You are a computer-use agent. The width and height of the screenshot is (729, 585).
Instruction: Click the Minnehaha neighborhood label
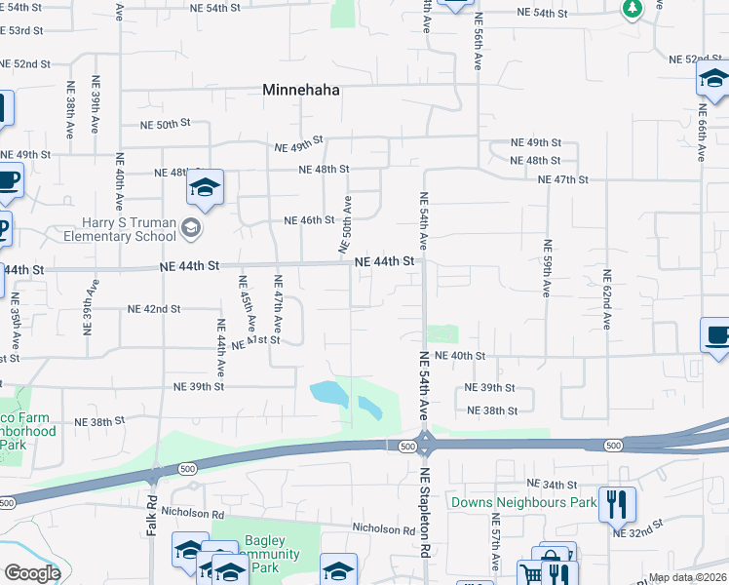pos(301,90)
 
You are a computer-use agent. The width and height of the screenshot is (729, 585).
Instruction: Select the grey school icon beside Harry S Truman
pos(191,229)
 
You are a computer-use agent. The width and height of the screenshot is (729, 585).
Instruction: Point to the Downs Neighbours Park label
pos(523,503)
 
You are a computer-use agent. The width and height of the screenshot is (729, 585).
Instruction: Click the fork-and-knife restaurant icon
pos(616,504)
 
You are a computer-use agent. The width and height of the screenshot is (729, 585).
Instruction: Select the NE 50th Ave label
pos(347,225)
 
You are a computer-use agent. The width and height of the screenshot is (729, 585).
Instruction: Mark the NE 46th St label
pos(309,220)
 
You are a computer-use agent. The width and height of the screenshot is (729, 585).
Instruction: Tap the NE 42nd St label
pos(154,308)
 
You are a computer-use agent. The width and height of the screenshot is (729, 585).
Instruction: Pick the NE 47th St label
pos(563,179)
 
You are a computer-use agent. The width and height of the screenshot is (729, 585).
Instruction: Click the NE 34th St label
pos(553,485)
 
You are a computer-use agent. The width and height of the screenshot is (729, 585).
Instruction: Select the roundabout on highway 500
pos(425,445)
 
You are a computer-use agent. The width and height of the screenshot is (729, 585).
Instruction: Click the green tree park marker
pos(632,8)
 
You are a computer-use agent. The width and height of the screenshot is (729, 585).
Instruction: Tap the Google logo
pos(31,573)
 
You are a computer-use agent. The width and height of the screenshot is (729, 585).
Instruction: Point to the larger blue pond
pos(327,394)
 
